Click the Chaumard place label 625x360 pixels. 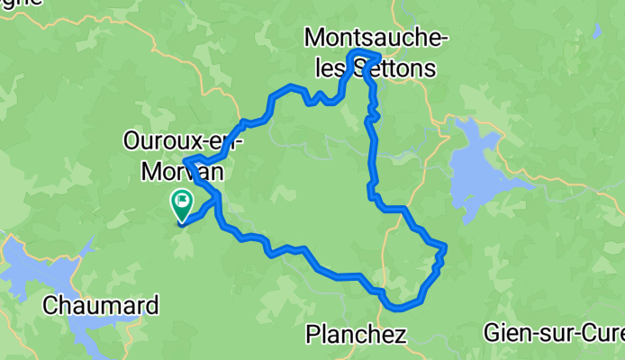pos(101,305)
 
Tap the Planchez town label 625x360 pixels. pos(356,335)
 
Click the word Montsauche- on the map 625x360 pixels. pos(376,38)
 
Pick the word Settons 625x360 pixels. pos(399,67)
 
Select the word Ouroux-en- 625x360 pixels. pos(184,141)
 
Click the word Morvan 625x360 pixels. pos(184,169)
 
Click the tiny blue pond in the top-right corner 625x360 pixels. pos(597,31)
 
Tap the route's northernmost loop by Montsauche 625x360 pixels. pos(364,54)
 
